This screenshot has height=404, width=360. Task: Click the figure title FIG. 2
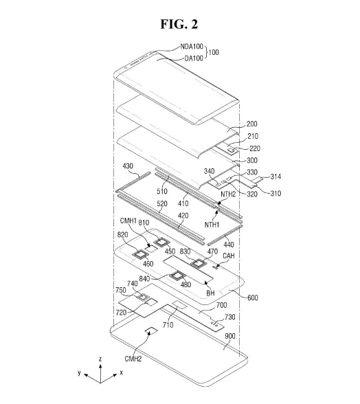(179, 24)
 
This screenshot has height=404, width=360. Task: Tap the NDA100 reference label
(192, 47)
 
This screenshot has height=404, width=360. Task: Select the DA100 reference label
(194, 58)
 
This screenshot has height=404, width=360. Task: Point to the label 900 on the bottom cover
(230, 336)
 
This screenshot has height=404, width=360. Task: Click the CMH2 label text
(133, 359)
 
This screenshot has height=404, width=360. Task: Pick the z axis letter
(100, 359)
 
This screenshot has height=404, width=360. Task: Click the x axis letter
(121, 372)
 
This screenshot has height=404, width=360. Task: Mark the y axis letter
(80, 372)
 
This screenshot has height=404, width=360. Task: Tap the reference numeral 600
(253, 298)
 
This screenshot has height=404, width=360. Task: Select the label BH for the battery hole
(210, 293)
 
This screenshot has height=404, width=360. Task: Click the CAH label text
(229, 256)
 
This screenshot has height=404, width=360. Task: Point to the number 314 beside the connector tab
(275, 177)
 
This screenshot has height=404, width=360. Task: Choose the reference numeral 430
(128, 166)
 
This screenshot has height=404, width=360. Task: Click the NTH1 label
(212, 225)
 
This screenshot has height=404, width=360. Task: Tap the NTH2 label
(228, 194)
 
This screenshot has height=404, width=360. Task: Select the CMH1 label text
(128, 221)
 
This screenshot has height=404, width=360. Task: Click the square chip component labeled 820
(141, 254)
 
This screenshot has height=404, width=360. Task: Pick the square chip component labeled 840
(177, 276)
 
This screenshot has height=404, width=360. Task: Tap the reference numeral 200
(251, 124)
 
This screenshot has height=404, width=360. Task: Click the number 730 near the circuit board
(230, 317)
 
